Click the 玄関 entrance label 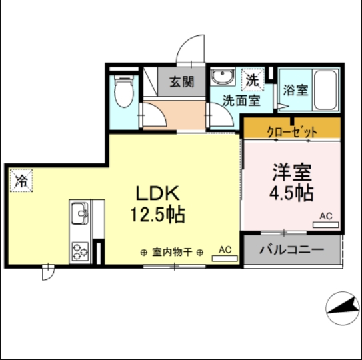[181, 82]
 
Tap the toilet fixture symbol [124, 93]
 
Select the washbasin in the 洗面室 [221, 77]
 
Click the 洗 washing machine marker [251, 79]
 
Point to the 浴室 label [295, 90]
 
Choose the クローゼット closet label [292, 131]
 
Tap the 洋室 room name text [292, 172]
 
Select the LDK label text [158, 193]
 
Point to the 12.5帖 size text [158, 215]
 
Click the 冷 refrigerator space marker [22, 180]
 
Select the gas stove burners [81, 251]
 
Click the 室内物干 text [172, 252]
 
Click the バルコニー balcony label [291, 251]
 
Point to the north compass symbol [343, 309]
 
